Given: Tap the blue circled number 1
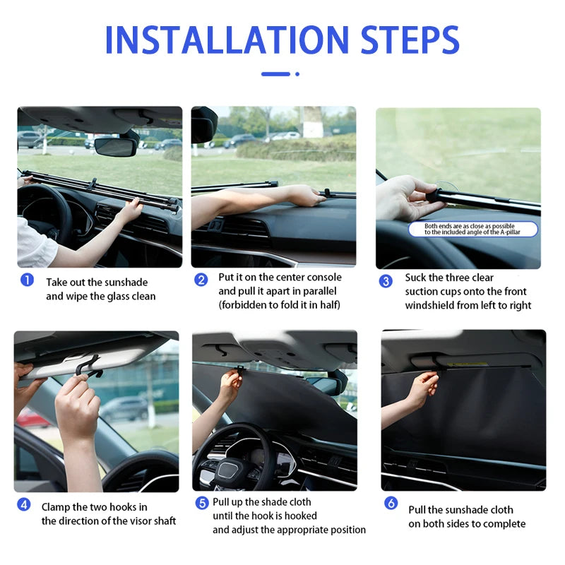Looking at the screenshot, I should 27,280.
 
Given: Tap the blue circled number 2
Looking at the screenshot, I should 201,280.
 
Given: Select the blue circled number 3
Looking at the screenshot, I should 386,281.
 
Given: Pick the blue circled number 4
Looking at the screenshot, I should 24,505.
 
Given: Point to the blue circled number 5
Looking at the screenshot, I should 201,503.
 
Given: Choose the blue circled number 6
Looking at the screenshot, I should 391,503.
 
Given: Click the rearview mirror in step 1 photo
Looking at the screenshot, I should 115,146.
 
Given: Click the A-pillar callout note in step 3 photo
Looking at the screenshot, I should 472,229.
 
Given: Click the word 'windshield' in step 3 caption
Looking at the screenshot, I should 429,305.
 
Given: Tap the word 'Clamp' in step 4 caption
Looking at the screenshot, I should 55,507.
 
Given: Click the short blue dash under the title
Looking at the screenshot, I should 275,73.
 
